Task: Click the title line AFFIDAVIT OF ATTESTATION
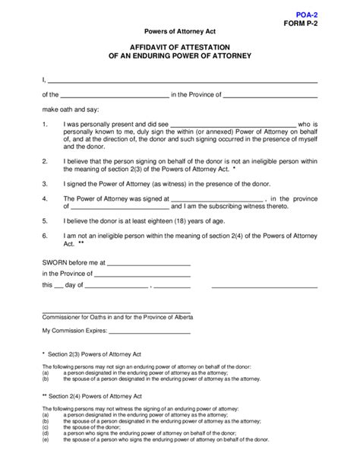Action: (x=180, y=46)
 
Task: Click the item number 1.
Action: (x=45, y=123)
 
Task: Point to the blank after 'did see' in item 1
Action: (x=232, y=125)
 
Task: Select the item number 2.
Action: (x=45, y=161)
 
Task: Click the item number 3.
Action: (x=45, y=183)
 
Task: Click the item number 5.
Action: (x=45, y=221)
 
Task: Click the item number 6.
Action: (x=45, y=236)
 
